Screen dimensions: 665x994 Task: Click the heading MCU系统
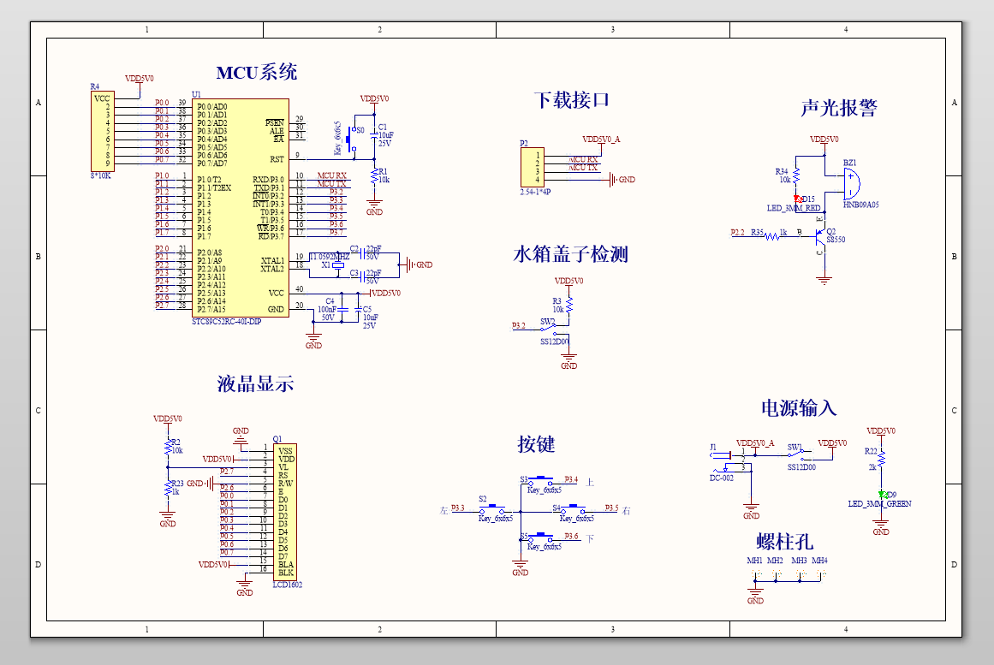256,73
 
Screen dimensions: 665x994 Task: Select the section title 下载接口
571,100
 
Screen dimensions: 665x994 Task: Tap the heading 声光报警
839,108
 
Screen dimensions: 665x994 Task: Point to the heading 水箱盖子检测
570,254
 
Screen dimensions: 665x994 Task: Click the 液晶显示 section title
255,384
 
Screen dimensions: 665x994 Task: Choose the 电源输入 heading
798,408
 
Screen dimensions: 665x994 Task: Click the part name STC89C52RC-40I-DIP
226,320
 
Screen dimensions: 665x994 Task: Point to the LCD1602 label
287,585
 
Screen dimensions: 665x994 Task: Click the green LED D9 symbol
881,494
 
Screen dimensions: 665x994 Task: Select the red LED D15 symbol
796,199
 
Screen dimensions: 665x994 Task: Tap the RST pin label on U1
277,158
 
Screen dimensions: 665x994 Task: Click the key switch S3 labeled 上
541,479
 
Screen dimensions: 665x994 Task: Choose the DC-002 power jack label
722,478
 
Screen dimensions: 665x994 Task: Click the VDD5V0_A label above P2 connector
601,139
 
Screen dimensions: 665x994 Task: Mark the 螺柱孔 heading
784,542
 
